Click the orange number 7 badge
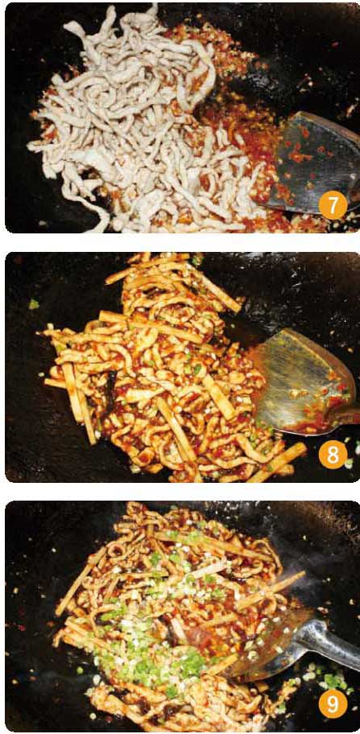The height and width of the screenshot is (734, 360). [x=332, y=205]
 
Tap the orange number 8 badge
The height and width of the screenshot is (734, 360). [x=332, y=455]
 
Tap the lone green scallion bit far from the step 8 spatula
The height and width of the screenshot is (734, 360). [x=34, y=304]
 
